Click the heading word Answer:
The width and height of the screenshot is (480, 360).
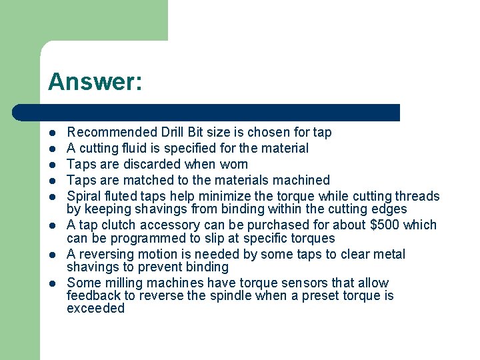click(95, 82)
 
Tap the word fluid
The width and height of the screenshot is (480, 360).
click(135, 148)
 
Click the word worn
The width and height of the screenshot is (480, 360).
click(233, 164)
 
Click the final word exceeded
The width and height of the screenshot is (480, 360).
click(95, 309)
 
